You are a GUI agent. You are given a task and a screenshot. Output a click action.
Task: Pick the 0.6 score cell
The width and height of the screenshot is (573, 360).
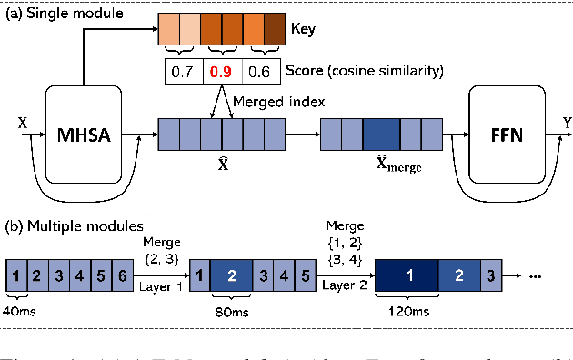260,71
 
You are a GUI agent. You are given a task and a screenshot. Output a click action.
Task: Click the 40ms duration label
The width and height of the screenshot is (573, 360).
21,311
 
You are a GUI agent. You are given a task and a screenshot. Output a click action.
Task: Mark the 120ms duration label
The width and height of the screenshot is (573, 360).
406,311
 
